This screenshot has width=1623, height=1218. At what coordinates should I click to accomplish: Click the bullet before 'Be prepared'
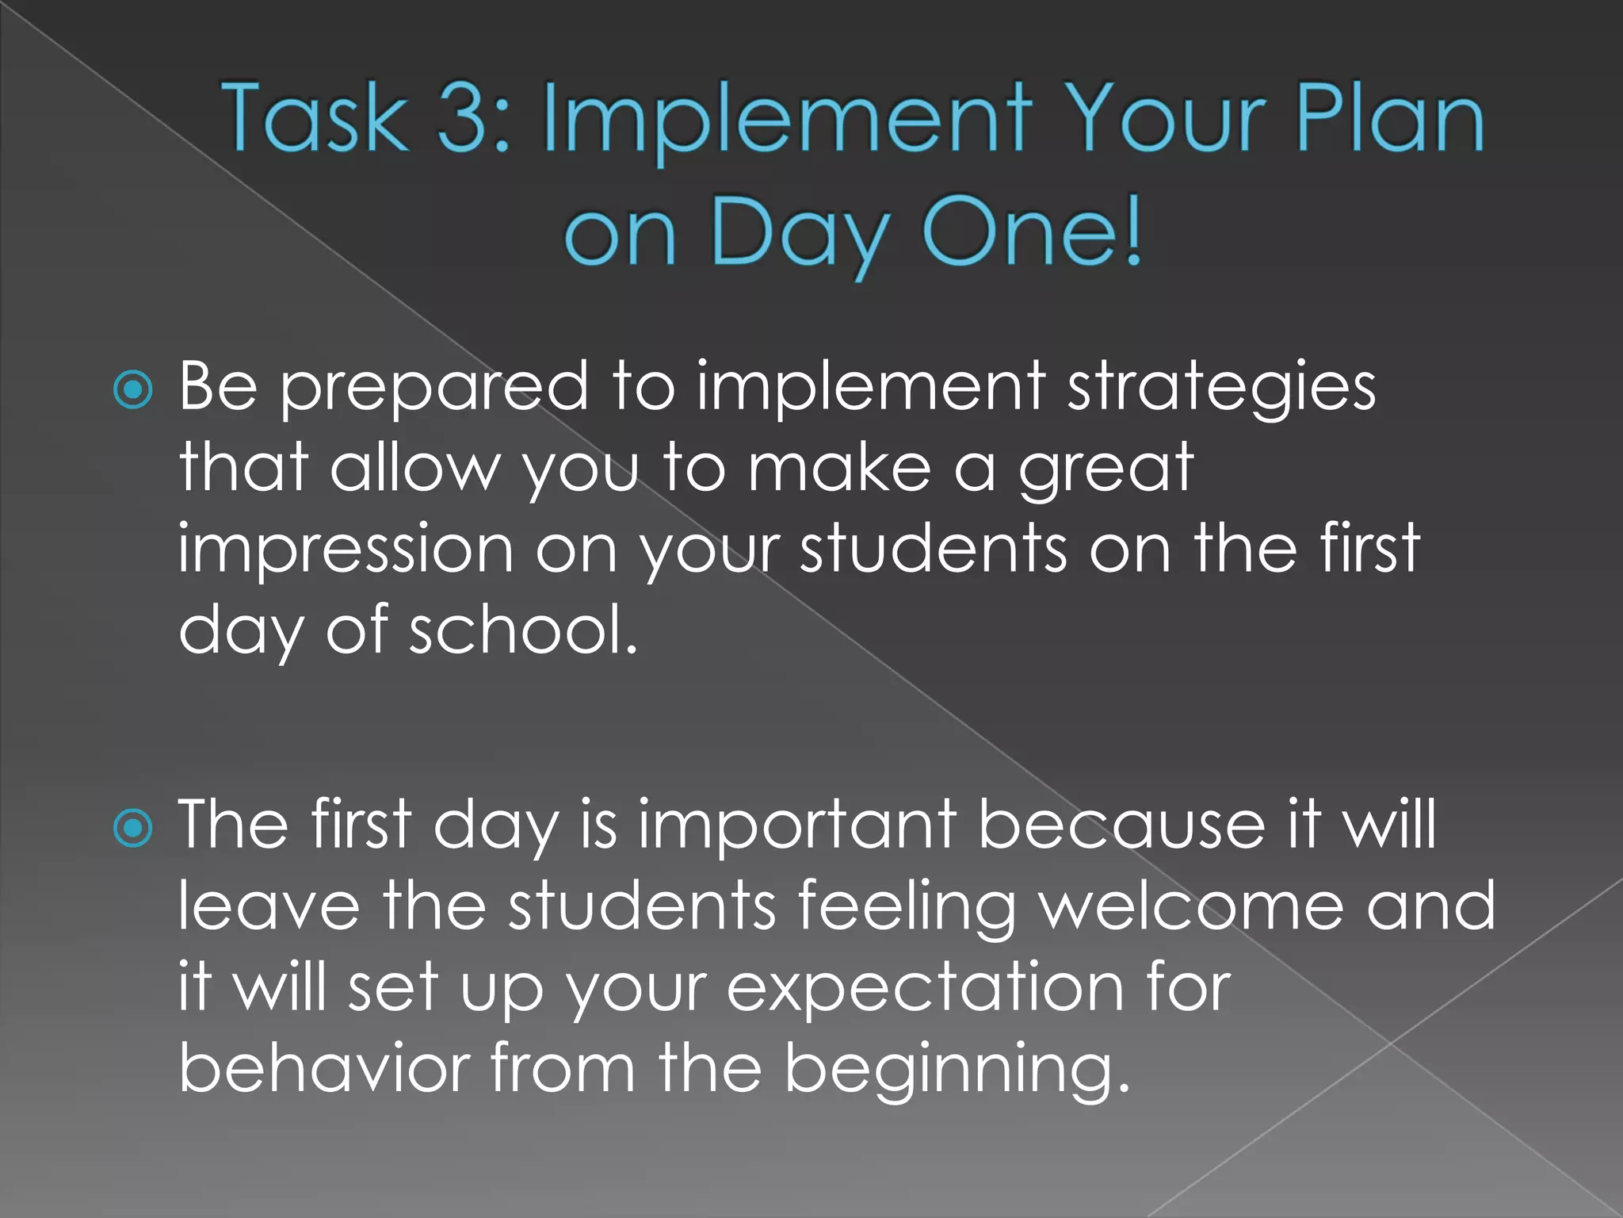[x=132, y=390]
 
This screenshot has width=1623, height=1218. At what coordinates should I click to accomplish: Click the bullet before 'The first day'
[x=132, y=829]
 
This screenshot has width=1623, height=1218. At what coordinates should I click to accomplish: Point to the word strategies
[x=1221, y=389]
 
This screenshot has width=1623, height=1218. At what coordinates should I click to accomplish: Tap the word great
[x=1106, y=470]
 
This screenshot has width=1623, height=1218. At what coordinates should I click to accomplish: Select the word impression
[x=346, y=551]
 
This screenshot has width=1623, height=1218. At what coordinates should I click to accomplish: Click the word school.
[x=522, y=630]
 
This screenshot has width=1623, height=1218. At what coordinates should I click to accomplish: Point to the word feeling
[x=907, y=909]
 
